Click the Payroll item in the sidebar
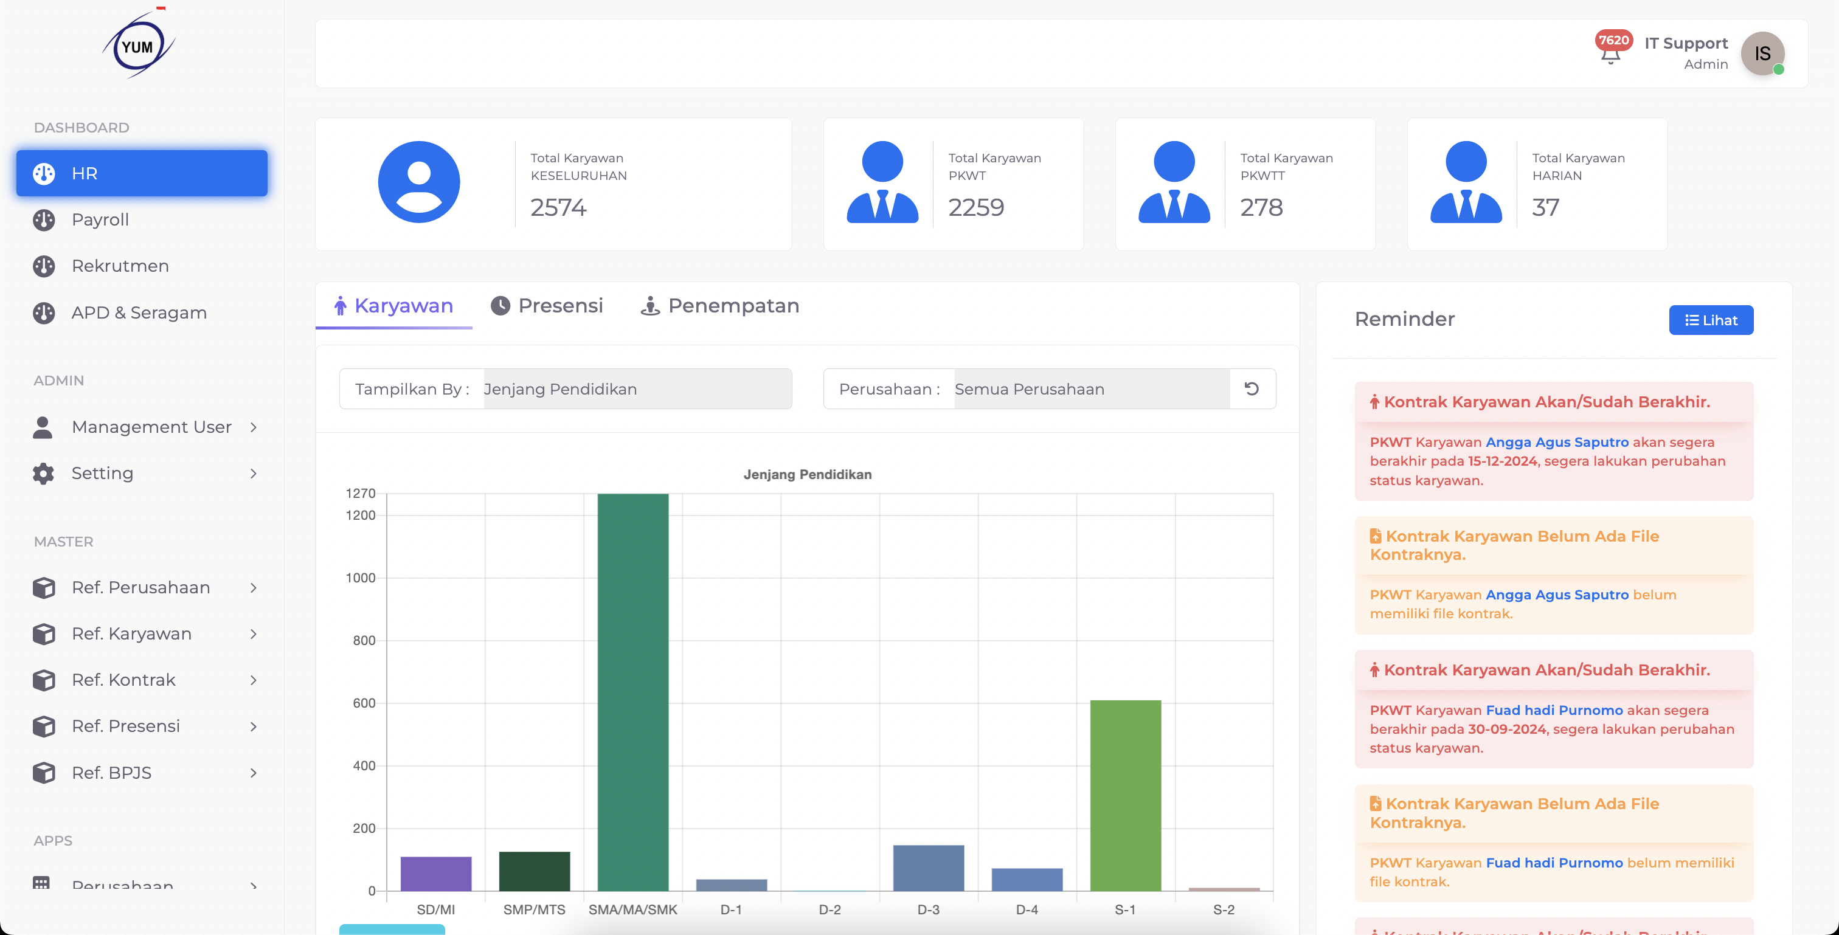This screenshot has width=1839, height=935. point(100,220)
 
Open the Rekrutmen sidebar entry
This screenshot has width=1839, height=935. point(120,266)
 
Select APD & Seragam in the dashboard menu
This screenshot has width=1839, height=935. point(139,312)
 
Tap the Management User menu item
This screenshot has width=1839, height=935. point(151,427)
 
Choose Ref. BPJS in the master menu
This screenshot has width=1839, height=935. point(111,772)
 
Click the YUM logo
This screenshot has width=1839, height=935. point(138,46)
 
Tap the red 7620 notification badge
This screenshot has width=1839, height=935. point(1613,41)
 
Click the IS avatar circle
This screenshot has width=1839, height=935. point(1762,53)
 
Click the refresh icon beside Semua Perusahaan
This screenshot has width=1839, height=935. point(1252,389)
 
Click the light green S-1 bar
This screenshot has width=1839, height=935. point(1125,795)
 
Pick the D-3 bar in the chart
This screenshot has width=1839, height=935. point(928,868)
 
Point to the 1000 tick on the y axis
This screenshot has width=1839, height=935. point(361,578)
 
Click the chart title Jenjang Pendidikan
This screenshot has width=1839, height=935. point(808,475)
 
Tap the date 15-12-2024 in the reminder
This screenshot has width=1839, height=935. point(1502,461)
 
